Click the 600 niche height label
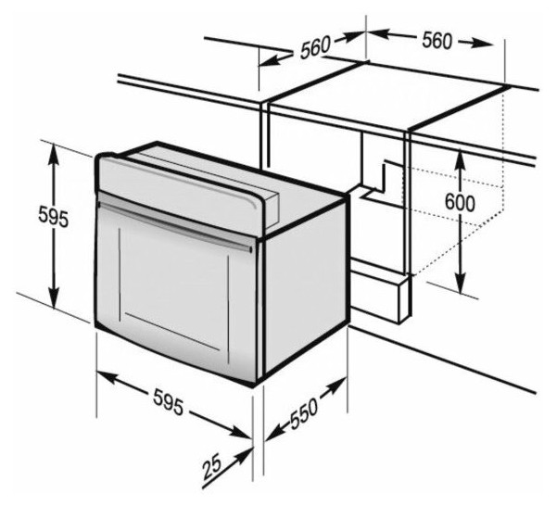pyautogui.click(x=460, y=203)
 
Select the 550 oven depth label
pyautogui.click(x=304, y=413)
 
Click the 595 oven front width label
pyautogui.click(x=169, y=403)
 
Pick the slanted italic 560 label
pyautogui.click(x=315, y=46)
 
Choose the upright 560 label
pyautogui.click(x=437, y=41)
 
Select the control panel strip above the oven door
pyautogui.click(x=181, y=195)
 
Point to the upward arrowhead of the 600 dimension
pyautogui.click(x=461, y=159)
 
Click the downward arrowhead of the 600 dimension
pyautogui.click(x=461, y=284)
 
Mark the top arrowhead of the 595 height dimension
pyautogui.click(x=54, y=154)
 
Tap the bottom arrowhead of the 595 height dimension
pyautogui.click(x=54, y=298)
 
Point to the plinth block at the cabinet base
pyautogui.click(x=379, y=291)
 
